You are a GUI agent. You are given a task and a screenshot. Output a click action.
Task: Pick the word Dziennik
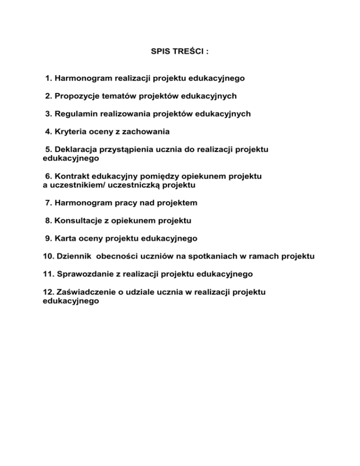(72, 256)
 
